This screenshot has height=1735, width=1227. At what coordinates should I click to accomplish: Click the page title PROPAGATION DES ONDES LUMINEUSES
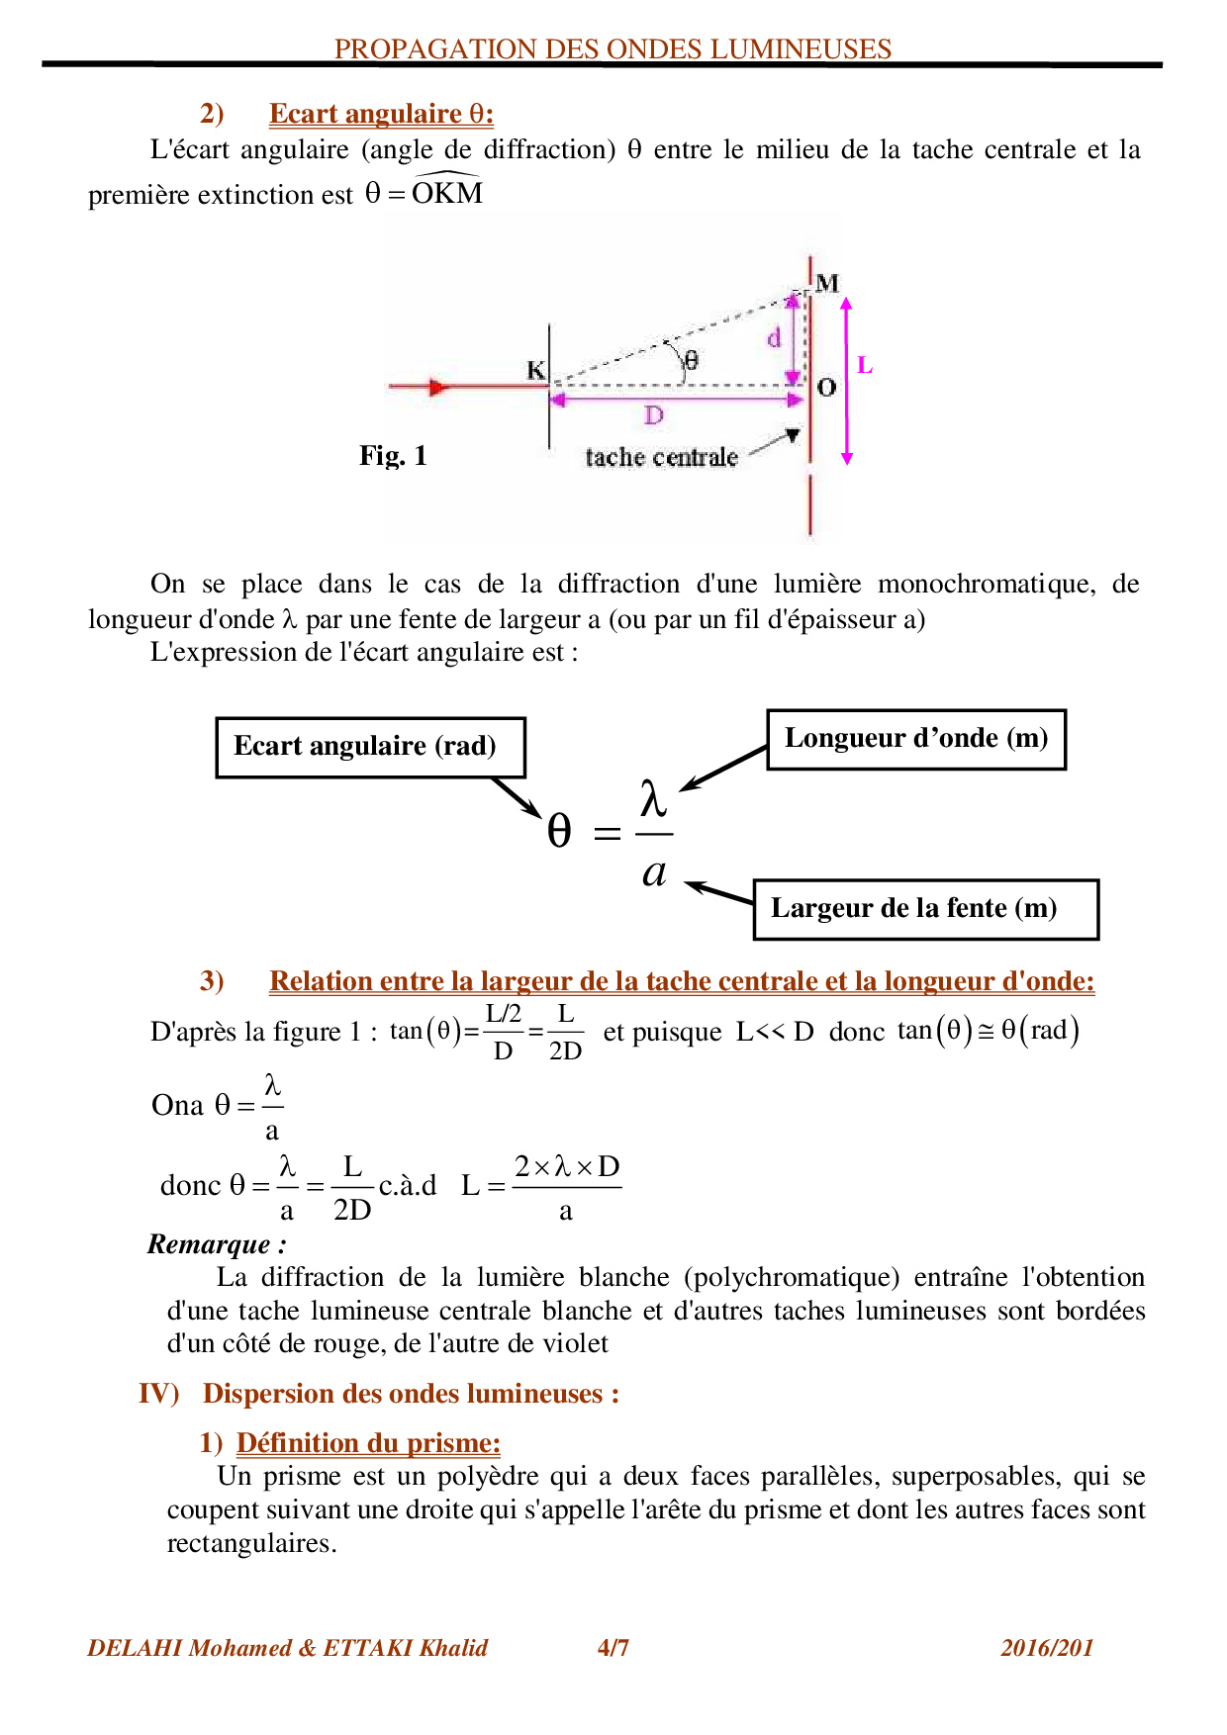[613, 48]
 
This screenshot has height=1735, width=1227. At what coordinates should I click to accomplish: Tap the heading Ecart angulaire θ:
[381, 114]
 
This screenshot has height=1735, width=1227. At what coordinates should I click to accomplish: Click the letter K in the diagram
[535, 370]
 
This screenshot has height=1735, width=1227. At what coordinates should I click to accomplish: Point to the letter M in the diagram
[827, 283]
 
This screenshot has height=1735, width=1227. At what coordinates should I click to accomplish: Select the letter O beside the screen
[827, 387]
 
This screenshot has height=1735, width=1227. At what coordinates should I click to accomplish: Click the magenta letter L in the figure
[864, 365]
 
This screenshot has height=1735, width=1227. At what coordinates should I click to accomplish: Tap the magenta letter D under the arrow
[653, 415]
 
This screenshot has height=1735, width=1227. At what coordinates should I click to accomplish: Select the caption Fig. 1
[393, 455]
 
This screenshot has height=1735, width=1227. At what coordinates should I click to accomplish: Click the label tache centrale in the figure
[661, 457]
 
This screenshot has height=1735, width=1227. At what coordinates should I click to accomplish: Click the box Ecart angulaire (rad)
[370, 747]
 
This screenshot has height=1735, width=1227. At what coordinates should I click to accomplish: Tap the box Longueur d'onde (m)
[916, 739]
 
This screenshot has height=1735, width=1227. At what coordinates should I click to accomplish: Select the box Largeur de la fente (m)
[924, 909]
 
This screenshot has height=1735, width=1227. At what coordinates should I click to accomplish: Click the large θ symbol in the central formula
[559, 831]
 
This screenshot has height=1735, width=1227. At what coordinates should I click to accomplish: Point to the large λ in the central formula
[653, 797]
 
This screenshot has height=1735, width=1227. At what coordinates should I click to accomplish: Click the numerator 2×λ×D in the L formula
[567, 1166]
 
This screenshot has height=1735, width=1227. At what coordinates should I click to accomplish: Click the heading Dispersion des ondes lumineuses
[411, 1393]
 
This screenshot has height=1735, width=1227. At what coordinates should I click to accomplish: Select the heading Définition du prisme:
[368, 1442]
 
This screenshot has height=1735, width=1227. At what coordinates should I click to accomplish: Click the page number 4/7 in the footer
[613, 1647]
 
